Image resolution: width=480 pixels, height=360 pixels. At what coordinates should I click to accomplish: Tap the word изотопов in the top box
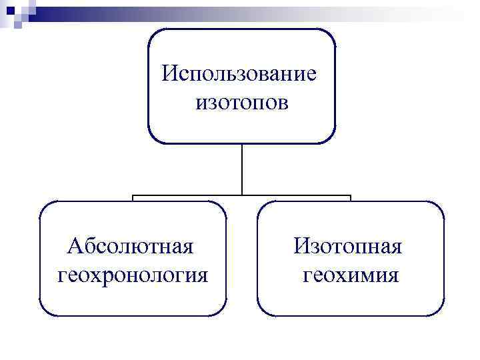click(241, 102)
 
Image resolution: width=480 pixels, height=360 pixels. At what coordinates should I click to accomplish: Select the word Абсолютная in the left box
click(131, 246)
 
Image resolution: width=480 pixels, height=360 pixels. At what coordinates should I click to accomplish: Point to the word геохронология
click(133, 275)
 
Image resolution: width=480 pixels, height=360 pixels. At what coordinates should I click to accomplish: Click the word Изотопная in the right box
click(349, 246)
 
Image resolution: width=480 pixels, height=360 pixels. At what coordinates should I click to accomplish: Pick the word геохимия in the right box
click(351, 275)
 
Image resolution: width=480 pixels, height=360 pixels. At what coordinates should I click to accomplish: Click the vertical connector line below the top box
click(241, 169)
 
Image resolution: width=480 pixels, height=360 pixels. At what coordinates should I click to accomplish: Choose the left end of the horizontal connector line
click(133, 197)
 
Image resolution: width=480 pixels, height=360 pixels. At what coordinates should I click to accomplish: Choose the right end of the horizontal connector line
click(350, 197)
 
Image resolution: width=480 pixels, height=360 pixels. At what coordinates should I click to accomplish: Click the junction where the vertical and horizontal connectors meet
click(241, 195)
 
